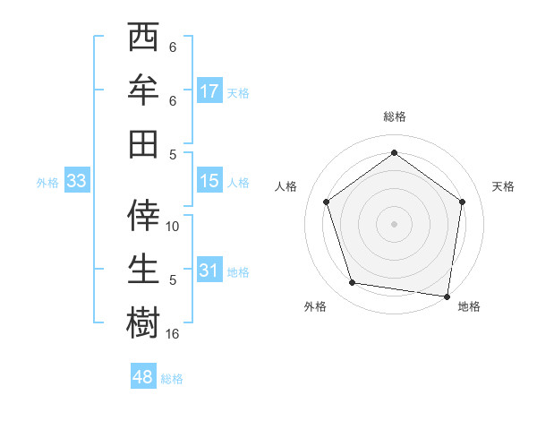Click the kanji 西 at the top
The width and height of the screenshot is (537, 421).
(x=143, y=39)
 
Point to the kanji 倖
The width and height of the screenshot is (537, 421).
(x=143, y=216)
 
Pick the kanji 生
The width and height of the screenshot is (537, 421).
(x=143, y=269)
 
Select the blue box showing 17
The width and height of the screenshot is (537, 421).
(x=209, y=91)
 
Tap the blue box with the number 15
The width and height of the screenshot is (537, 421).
(x=209, y=181)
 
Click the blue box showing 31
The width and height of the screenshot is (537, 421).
(x=209, y=271)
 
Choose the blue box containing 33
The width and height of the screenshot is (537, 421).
(x=76, y=181)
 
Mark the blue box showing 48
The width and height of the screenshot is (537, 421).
(x=143, y=377)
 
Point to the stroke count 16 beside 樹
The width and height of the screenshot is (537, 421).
(x=173, y=333)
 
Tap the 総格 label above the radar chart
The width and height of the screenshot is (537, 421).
(x=394, y=117)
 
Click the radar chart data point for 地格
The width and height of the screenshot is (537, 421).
(x=447, y=296)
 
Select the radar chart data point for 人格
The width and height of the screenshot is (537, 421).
(x=326, y=202)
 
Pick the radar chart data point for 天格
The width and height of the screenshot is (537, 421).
(x=462, y=202)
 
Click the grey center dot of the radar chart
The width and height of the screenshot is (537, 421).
(x=394, y=223)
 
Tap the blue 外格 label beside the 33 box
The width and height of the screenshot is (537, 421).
(x=47, y=183)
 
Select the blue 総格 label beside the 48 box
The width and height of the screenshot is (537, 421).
(x=172, y=379)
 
